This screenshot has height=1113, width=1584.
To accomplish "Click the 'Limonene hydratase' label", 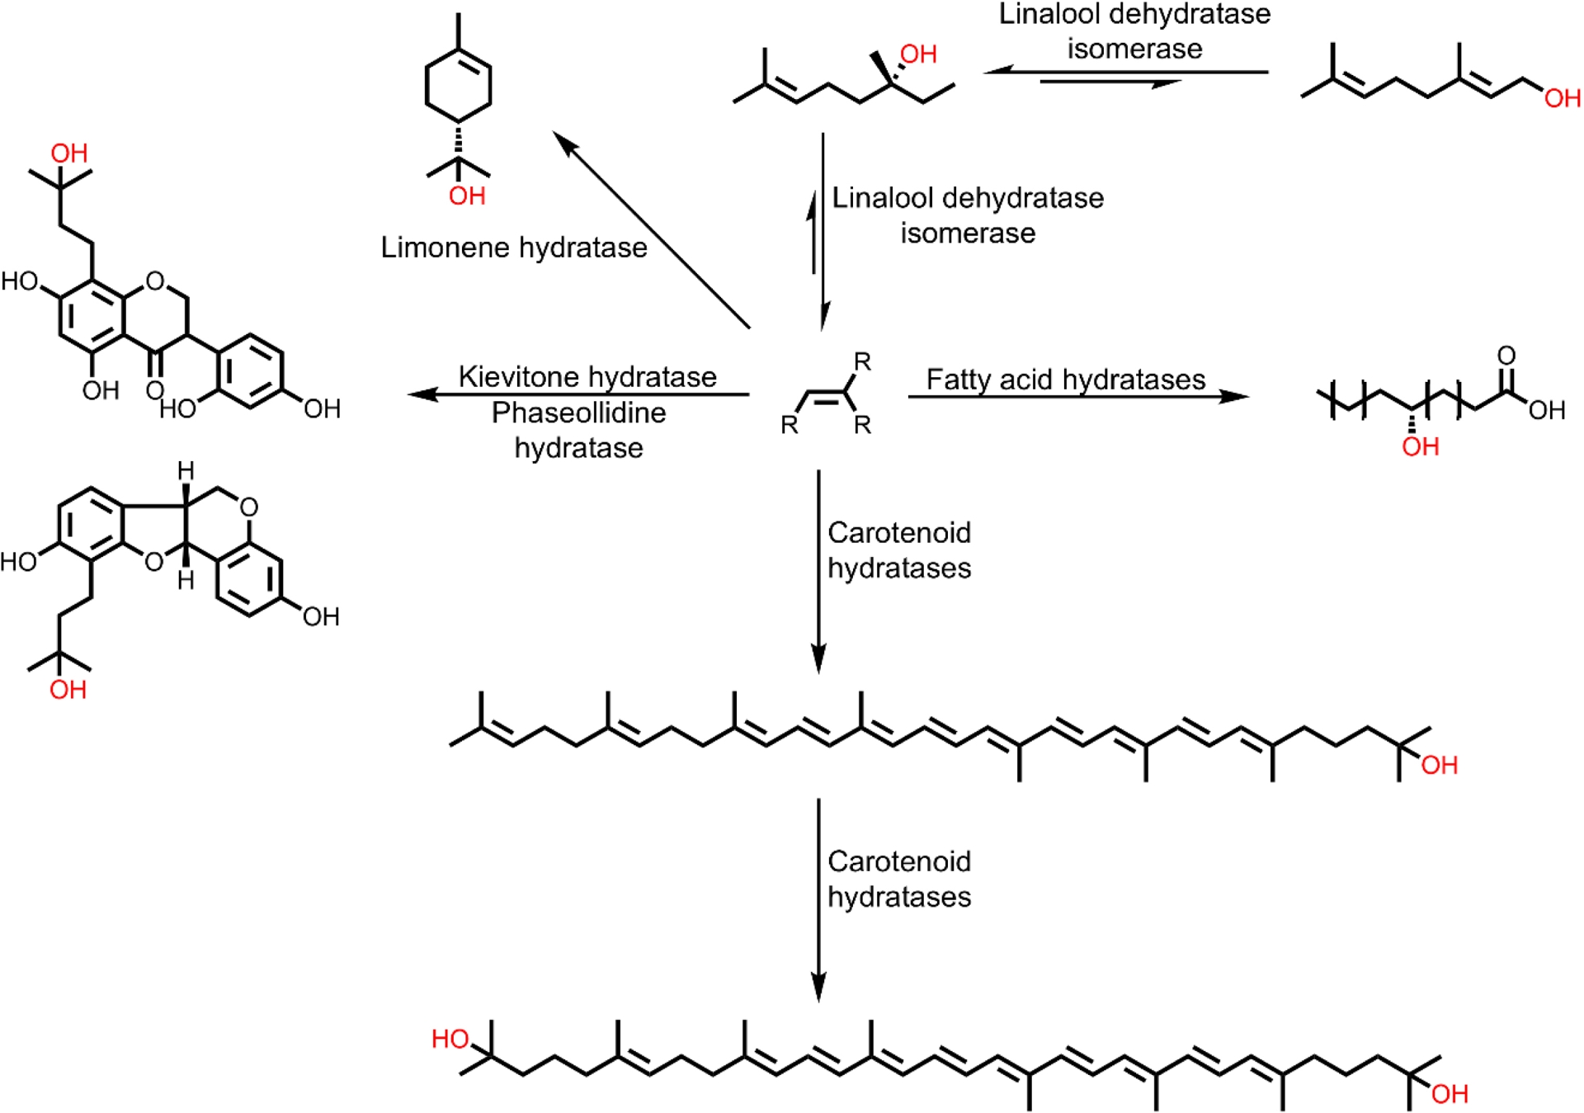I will pyautogui.click(x=513, y=248).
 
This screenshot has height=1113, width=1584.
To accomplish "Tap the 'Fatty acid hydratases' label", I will pyautogui.click(x=1065, y=380).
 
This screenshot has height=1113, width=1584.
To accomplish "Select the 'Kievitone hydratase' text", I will pyautogui.click(x=587, y=377).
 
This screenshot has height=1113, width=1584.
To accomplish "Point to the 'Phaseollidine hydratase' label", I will pyautogui.click(x=579, y=430).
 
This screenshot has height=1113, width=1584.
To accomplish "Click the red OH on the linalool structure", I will pyautogui.click(x=918, y=54).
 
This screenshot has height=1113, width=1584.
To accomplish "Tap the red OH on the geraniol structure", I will pyautogui.click(x=1563, y=99).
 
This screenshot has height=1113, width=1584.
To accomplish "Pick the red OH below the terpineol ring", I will pyautogui.click(x=467, y=196).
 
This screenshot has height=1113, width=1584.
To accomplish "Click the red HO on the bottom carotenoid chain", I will pyautogui.click(x=450, y=1039).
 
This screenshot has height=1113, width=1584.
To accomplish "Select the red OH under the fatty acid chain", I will pyautogui.click(x=1420, y=447).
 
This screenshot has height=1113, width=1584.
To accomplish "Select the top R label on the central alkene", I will pyautogui.click(x=862, y=361).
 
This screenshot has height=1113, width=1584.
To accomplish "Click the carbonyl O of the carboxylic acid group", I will pyautogui.click(x=1506, y=356).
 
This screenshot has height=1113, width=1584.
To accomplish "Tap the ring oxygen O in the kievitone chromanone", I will pyautogui.click(x=154, y=282).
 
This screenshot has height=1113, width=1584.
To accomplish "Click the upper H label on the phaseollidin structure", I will pyautogui.click(x=186, y=472).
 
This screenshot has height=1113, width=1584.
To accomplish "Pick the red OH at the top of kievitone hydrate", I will pyautogui.click(x=69, y=153).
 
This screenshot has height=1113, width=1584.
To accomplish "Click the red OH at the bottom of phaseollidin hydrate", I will pyautogui.click(x=68, y=690).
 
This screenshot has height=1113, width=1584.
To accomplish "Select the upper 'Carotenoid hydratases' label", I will pyautogui.click(x=899, y=550).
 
